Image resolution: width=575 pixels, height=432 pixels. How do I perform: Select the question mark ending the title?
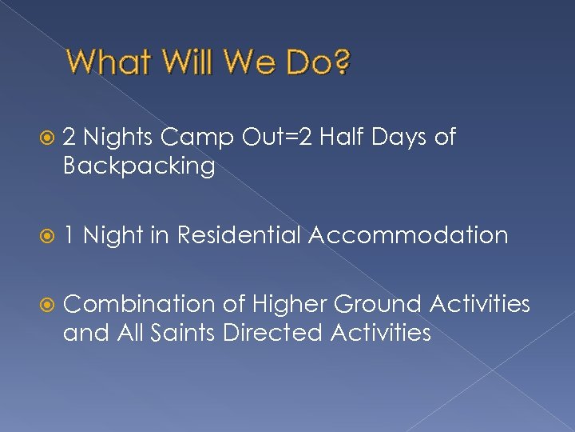tap(341, 62)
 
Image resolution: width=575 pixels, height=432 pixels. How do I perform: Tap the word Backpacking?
tap(139, 166)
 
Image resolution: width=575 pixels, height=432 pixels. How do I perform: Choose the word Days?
tap(402, 138)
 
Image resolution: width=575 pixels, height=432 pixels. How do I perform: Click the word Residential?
tap(239, 235)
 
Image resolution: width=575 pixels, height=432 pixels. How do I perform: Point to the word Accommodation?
tap(408, 235)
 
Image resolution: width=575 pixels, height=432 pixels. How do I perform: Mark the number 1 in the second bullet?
tap(69, 235)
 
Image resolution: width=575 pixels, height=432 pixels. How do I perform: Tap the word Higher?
tap(289, 305)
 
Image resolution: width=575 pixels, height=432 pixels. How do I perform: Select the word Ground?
tap(377, 305)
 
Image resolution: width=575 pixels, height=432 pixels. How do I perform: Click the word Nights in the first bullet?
tap(117, 138)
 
